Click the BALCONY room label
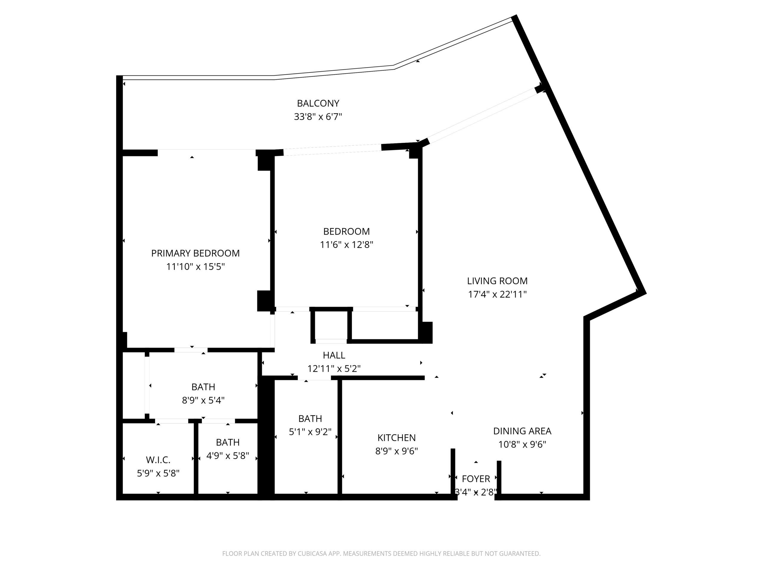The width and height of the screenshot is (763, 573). click(318, 103)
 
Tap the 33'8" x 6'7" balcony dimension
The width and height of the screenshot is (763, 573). click(318, 117)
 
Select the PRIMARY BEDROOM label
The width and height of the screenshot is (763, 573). click(195, 253)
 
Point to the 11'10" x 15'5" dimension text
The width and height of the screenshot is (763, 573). click(196, 267)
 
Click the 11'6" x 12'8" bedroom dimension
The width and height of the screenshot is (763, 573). click(347, 244)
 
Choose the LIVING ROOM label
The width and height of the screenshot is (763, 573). click(497, 281)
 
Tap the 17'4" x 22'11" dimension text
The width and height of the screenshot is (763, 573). click(497, 294)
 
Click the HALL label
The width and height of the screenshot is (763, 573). click(334, 355)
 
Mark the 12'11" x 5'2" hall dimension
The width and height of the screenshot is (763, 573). click(334, 369)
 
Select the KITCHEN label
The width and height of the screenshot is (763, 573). click(396, 438)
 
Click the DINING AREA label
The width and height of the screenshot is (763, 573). click(522, 431)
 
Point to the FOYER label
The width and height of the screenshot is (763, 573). click(476, 479)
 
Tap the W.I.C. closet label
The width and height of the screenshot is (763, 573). click(158, 460)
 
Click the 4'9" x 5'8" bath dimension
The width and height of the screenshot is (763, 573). click(228, 456)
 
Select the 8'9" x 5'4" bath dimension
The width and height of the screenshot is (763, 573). click(203, 400)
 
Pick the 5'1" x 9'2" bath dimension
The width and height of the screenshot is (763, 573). click(310, 432)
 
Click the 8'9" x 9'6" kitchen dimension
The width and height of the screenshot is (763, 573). click(396, 451)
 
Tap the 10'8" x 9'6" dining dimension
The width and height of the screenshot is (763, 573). click(522, 444)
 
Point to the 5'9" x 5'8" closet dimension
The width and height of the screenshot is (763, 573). click(158, 474)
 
